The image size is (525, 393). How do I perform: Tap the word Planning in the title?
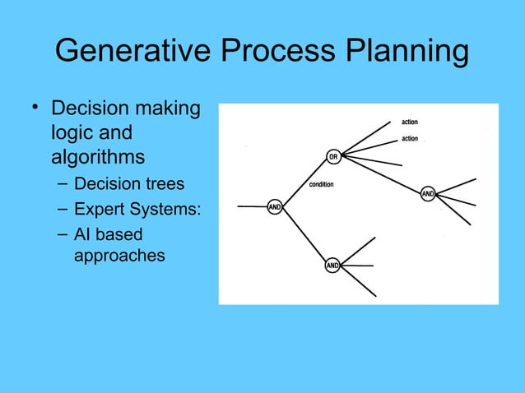(401, 52)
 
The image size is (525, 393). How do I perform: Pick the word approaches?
(119, 256)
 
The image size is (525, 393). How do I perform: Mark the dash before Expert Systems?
(63, 207)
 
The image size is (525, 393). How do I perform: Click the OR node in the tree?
(332, 156)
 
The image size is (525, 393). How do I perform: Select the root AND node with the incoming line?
(276, 207)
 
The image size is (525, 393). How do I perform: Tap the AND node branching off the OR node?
(428, 194)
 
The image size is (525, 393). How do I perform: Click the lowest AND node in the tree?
(332, 266)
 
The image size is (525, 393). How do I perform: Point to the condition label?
(321, 184)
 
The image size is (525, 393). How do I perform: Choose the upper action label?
(409, 123)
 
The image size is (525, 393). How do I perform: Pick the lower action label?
(409, 139)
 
